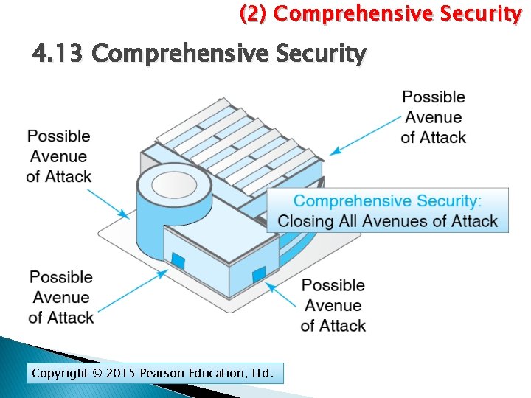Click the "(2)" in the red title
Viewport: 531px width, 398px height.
tap(254, 13)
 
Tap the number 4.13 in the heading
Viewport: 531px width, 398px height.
tap(58, 54)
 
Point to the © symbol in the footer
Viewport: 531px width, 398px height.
tap(97, 374)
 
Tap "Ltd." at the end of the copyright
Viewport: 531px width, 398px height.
tap(262, 374)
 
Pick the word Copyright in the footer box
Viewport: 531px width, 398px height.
tap(60, 374)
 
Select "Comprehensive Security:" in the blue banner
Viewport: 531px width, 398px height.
tap(387, 201)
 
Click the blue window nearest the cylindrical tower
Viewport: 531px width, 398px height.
tap(178, 259)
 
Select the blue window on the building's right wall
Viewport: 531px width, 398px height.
tap(258, 276)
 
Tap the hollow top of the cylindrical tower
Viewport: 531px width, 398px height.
tap(173, 180)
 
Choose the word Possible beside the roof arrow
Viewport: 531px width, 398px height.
tap(434, 97)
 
